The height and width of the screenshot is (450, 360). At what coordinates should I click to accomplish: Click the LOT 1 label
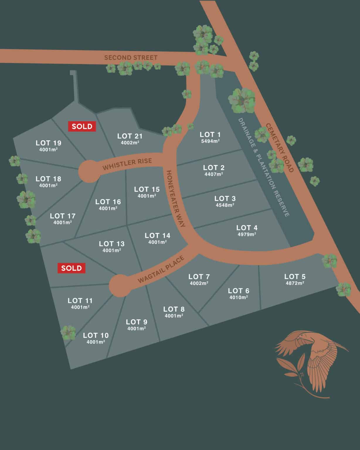(x=210, y=134)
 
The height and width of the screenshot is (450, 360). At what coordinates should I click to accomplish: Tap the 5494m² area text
(x=210, y=141)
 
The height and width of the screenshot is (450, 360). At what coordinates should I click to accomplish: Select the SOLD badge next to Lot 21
(x=82, y=126)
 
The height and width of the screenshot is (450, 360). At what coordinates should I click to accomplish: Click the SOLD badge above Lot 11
(x=71, y=268)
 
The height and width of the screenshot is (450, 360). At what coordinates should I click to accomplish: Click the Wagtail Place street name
(x=161, y=270)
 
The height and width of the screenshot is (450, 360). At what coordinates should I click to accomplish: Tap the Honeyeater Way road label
(x=176, y=199)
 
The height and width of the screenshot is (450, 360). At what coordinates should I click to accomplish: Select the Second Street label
(x=131, y=57)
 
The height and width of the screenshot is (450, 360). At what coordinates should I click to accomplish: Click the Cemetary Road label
(x=280, y=148)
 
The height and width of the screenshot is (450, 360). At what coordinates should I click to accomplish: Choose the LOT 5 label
(x=295, y=276)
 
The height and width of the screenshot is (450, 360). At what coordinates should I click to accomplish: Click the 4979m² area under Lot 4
(x=247, y=234)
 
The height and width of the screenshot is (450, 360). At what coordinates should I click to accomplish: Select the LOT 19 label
(x=48, y=143)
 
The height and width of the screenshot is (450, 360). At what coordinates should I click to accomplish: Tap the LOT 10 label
(x=96, y=335)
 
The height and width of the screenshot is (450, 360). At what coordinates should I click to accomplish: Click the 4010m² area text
(x=239, y=297)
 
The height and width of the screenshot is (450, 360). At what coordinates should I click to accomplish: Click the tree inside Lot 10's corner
(x=68, y=333)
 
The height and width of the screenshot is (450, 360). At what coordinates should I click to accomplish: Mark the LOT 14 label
(x=157, y=235)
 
